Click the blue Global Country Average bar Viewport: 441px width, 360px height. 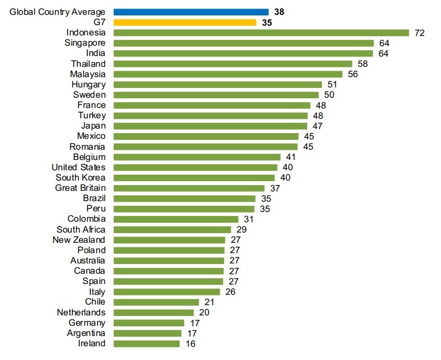[191, 11]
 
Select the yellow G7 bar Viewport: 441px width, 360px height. [185, 22]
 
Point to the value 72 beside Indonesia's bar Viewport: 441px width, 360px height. [419, 33]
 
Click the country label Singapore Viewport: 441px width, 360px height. [86, 43]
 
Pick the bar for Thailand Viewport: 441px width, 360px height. [233, 63]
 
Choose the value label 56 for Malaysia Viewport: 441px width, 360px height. [352, 74]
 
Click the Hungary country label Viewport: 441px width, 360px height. [89, 85]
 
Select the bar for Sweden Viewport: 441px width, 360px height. [216, 95]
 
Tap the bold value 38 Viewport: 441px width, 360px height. [279, 11]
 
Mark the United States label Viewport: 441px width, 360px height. [78, 167]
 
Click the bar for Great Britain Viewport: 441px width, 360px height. [189, 188]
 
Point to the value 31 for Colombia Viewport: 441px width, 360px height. [248, 219]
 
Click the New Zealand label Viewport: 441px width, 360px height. [79, 239]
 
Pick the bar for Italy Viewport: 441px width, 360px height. [166, 291]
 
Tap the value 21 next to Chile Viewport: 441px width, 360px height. [209, 302]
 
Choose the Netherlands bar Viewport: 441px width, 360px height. [154, 312]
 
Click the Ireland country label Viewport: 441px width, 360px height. [92, 343]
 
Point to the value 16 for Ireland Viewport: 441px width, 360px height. [190, 343]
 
